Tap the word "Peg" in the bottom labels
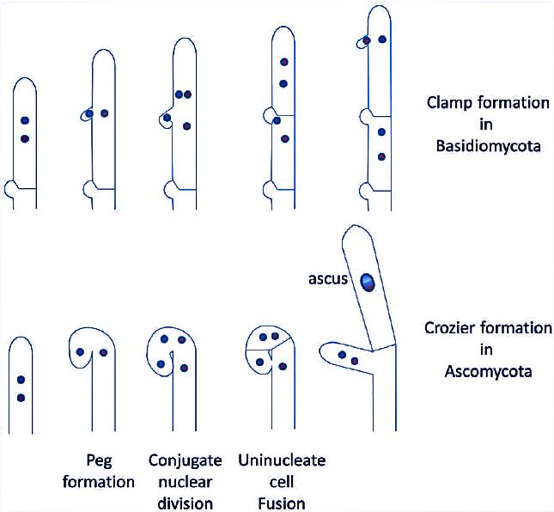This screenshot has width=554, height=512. click(100, 460)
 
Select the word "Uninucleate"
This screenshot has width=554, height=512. click(283, 460)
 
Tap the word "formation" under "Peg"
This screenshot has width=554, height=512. click(100, 481)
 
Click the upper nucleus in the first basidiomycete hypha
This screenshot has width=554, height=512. click(25, 121)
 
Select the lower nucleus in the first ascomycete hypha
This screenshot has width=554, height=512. click(21, 397)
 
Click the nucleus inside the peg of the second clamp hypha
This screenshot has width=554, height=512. click(89, 113)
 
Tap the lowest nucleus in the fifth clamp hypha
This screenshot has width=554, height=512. click(380, 157)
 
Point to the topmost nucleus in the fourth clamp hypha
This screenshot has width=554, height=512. click(283, 63)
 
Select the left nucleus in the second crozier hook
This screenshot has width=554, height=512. click(79, 351)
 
